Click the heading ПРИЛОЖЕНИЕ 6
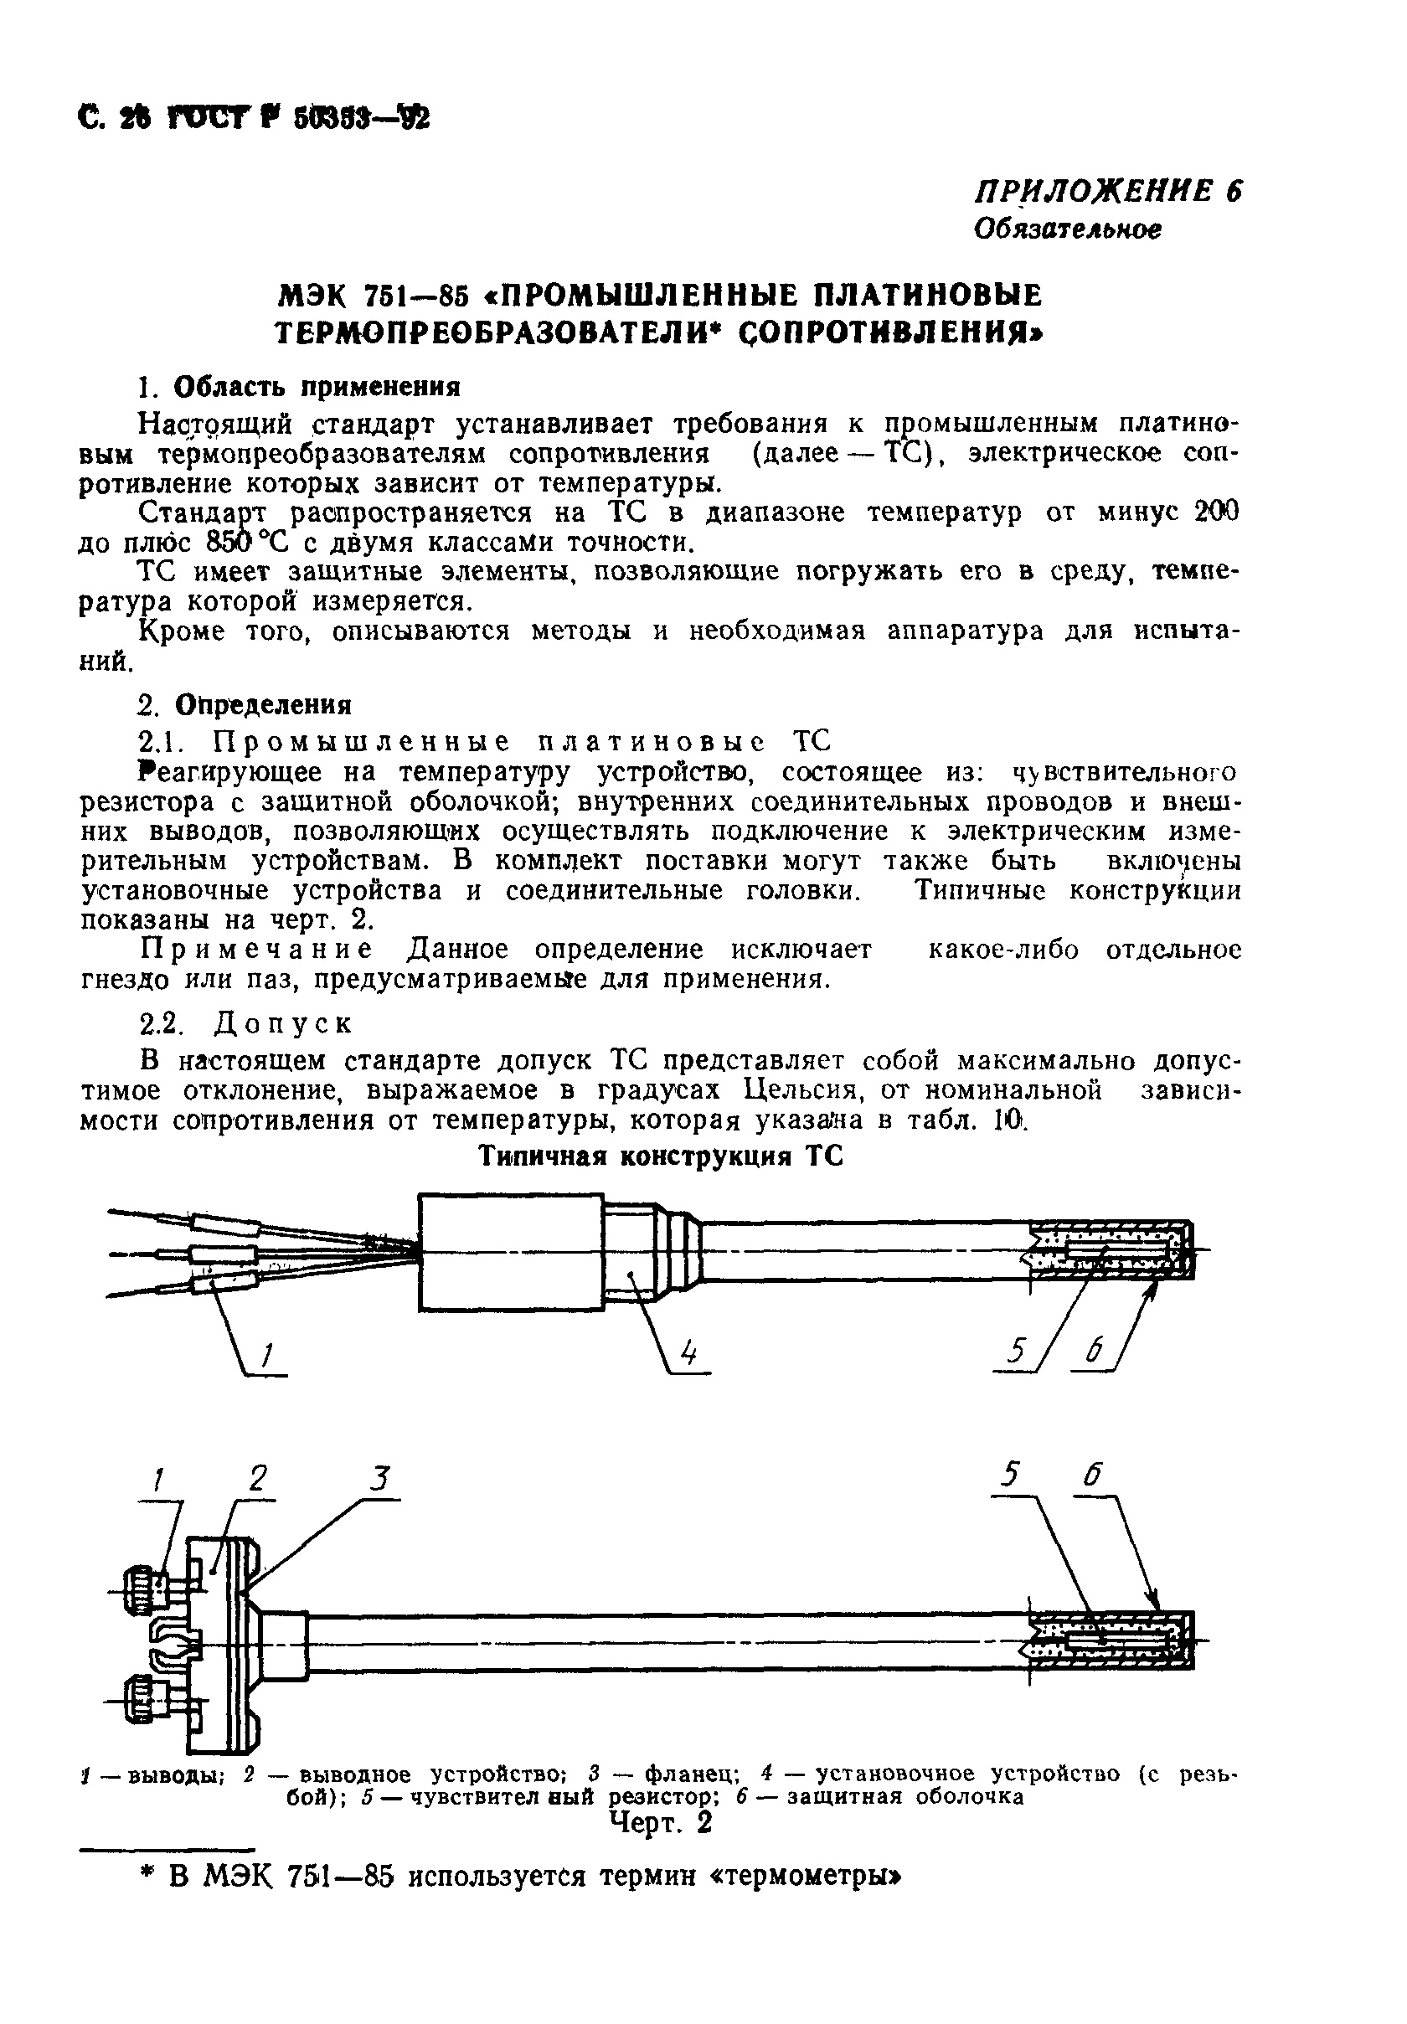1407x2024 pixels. click(x=1106, y=191)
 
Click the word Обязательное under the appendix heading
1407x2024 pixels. click(x=1067, y=229)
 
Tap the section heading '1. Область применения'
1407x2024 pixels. click(x=300, y=387)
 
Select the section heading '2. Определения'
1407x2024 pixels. click(x=246, y=705)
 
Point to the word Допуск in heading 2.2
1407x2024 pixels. click(x=283, y=1024)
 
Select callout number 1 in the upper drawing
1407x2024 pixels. click(x=267, y=1353)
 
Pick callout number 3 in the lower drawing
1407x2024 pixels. click(x=379, y=1478)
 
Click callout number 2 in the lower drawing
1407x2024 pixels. click(x=257, y=1478)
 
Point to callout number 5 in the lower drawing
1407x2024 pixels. click(x=1010, y=1475)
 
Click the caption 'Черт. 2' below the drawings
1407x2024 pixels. click(x=660, y=1821)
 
